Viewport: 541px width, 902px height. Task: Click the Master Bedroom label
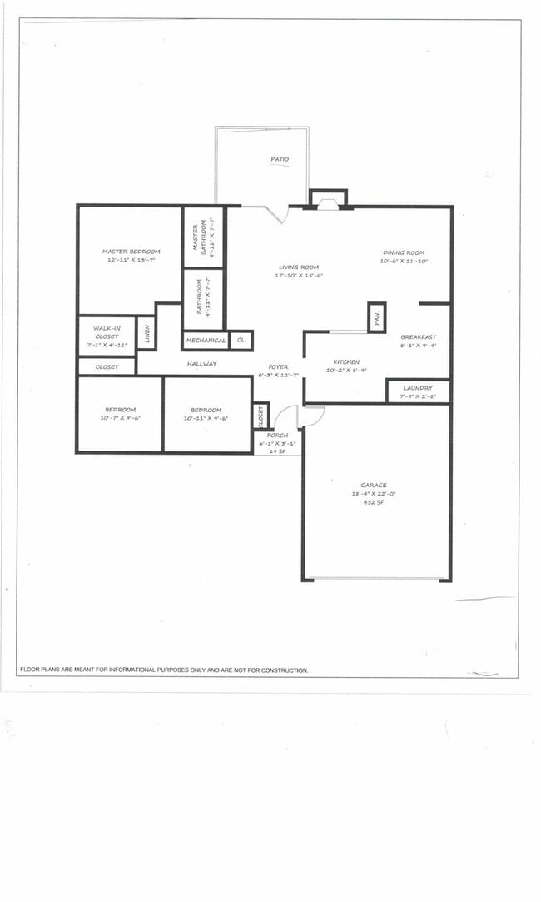131,252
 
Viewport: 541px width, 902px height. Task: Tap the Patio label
280,159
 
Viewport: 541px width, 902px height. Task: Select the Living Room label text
299,267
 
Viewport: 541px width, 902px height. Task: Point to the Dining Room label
404,252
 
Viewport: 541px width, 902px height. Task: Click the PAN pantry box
376,317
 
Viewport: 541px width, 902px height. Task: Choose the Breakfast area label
418,337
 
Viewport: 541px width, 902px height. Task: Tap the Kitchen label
346,362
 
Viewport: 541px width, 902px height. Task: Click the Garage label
374,485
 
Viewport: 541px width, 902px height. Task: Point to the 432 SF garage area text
374,502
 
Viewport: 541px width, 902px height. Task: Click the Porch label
277,436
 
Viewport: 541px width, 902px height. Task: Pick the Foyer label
278,367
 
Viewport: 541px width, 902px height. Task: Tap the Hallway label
201,364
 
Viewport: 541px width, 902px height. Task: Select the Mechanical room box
206,341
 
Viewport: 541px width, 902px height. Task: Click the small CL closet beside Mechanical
241,341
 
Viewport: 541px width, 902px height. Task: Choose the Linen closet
146,333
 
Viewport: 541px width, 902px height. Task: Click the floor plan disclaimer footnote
164,670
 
